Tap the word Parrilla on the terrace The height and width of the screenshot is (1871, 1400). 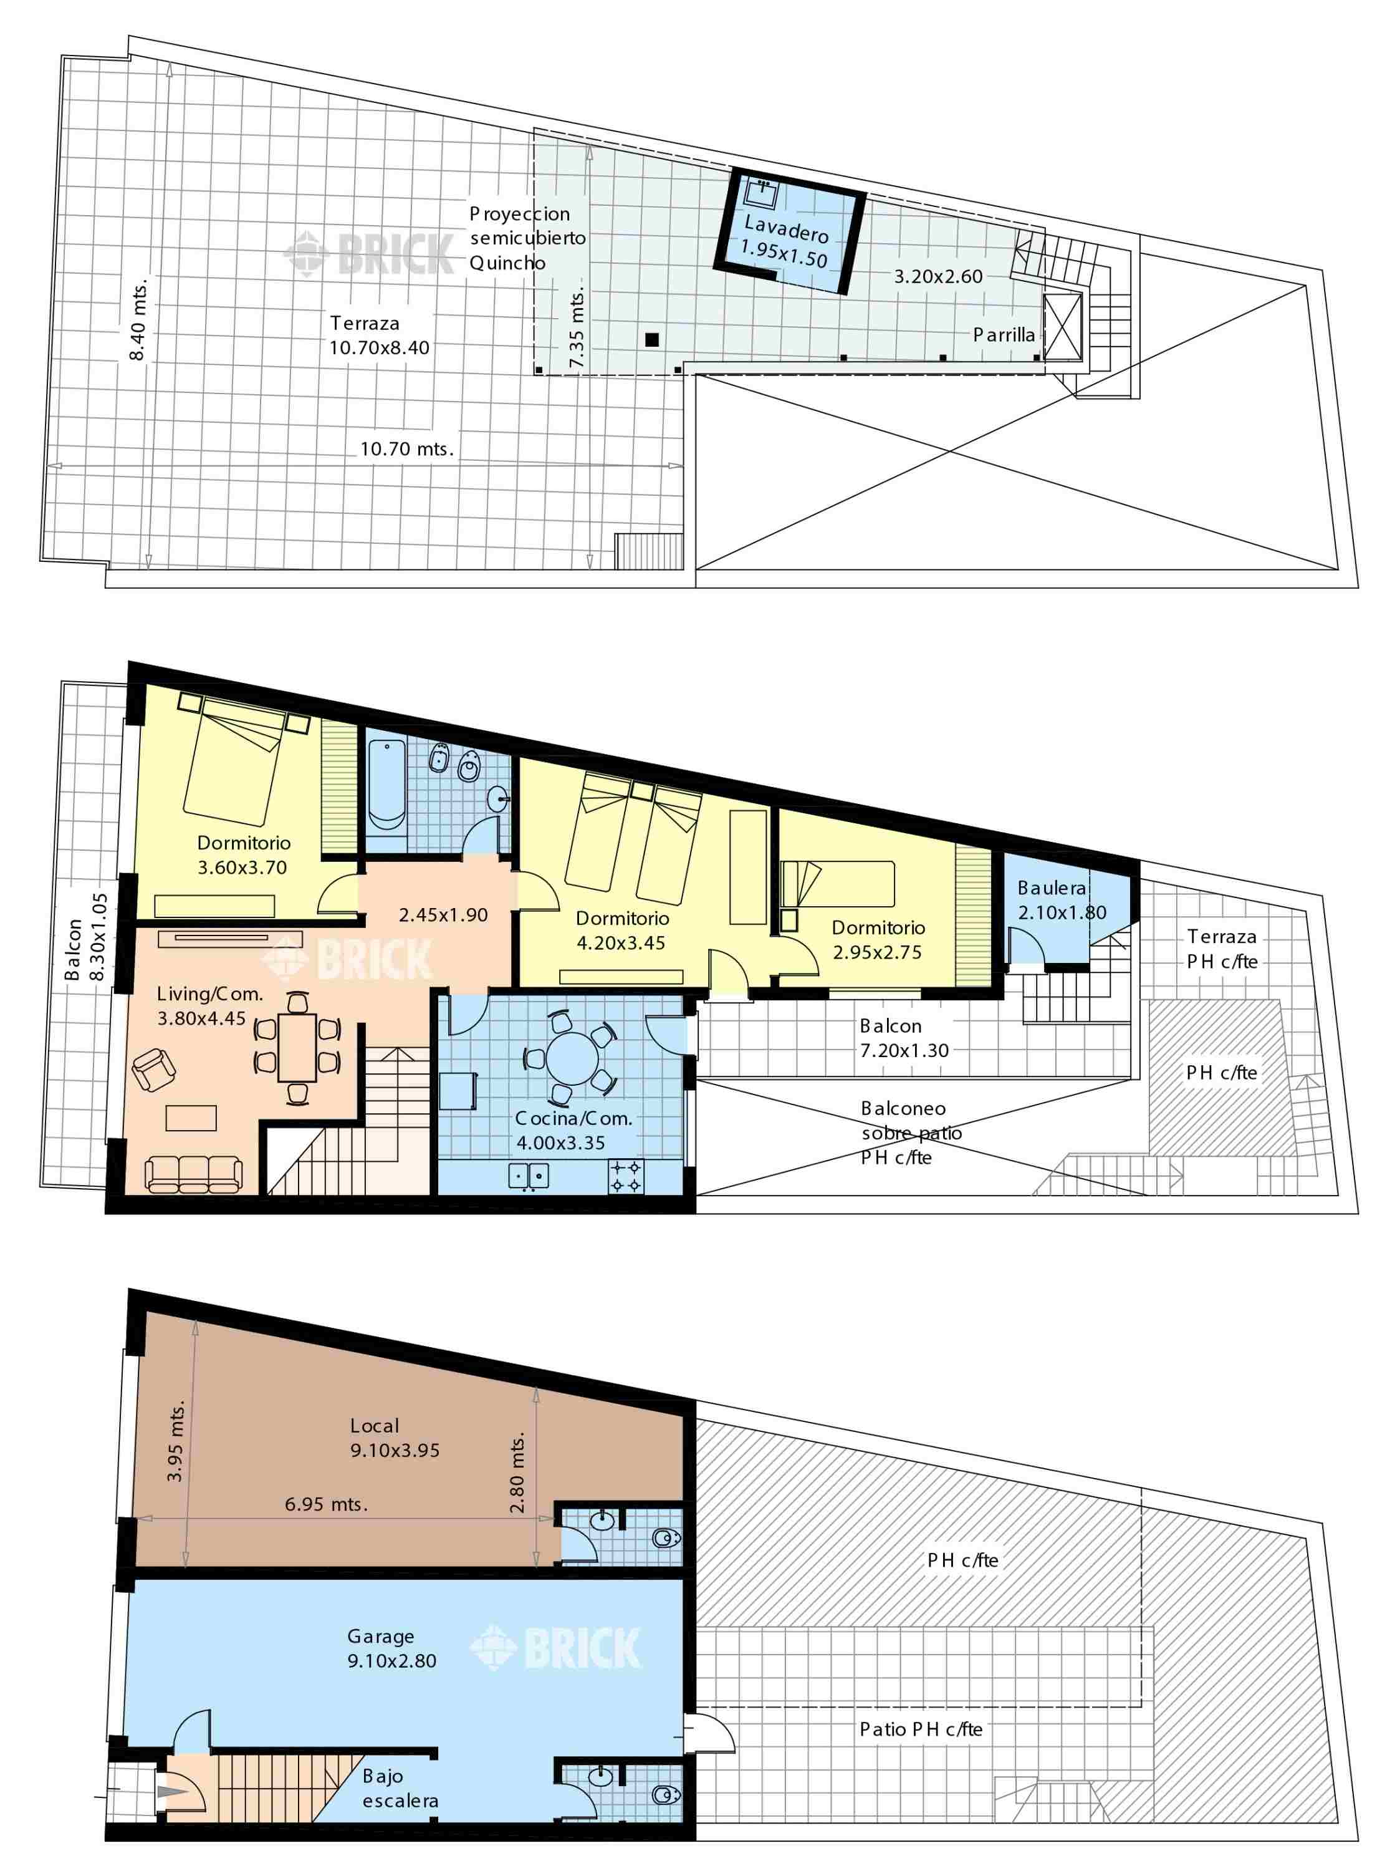1004,335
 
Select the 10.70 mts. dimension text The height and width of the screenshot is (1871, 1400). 406,448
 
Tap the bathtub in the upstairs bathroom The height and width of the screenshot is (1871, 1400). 387,783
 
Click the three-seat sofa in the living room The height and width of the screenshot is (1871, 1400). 194,1174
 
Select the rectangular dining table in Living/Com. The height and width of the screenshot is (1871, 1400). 297,1047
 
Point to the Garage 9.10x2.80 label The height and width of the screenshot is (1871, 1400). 391,1648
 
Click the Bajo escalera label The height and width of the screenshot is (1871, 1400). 400,1788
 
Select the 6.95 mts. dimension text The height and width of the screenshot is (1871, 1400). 327,1504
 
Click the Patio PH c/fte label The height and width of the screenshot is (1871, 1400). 921,1730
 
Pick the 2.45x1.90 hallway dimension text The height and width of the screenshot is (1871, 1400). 443,914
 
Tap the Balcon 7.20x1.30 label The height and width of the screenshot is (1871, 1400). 904,1038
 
